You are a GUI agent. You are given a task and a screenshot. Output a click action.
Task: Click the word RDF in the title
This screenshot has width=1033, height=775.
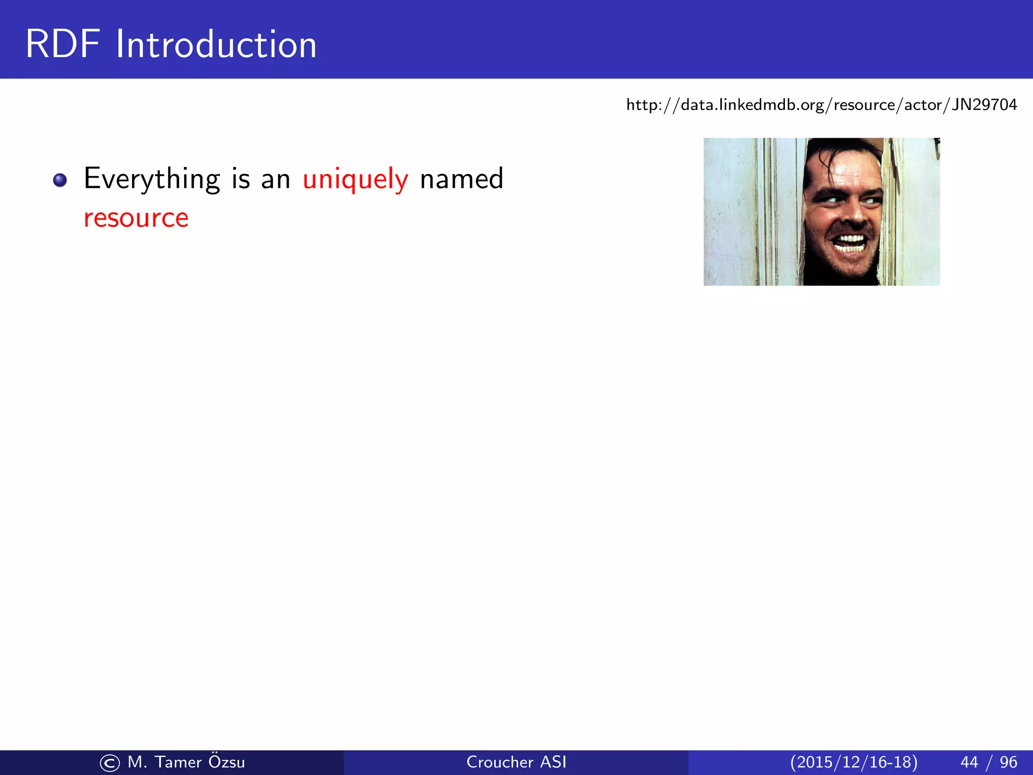pos(63,44)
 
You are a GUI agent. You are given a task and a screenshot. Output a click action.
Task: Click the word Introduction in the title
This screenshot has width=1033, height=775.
pos(216,44)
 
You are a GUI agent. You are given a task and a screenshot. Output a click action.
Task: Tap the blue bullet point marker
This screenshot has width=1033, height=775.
pos(60,180)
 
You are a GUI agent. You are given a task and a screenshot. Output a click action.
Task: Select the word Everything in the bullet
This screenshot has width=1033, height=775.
pos(152,179)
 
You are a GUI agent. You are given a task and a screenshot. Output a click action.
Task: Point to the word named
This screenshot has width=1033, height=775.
pos(462,179)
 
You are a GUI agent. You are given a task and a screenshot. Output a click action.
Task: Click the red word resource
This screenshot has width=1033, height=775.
pos(136,218)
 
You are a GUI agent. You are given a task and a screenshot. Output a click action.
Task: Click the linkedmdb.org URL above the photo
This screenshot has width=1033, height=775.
pos(821,105)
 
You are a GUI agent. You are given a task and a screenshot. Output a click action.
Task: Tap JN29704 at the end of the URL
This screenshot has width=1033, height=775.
pos(984,105)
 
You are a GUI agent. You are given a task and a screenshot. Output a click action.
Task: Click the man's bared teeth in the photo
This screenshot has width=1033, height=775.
pos(851,243)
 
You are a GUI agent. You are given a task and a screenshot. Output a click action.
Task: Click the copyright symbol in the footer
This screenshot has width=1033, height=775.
pos(110,763)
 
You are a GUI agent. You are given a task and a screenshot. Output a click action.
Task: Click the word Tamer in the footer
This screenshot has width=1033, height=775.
pos(178,762)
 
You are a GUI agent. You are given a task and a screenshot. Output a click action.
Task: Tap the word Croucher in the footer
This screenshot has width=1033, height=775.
pos(499,762)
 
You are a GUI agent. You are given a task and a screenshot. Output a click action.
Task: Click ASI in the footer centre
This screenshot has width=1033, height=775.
pos(553,762)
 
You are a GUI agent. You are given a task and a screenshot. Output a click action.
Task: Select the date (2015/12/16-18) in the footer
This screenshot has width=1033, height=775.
pos(854,762)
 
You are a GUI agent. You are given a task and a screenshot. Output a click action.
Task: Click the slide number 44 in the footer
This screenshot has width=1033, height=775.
pos(969,762)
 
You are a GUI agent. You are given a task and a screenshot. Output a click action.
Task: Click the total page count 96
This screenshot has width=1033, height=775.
pos(1008,762)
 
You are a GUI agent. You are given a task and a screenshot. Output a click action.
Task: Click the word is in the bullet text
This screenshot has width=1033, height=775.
pos(241,179)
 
